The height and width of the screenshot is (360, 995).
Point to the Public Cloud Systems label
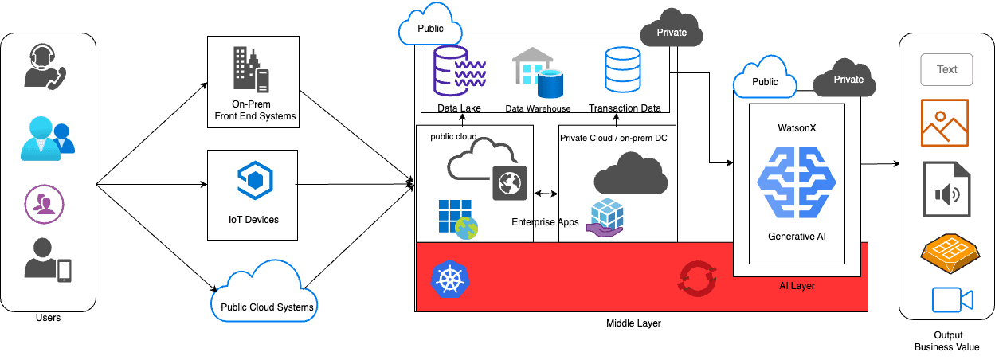(x=268, y=307)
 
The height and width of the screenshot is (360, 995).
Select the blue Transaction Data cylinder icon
(x=624, y=71)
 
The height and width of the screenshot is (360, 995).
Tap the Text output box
(x=946, y=70)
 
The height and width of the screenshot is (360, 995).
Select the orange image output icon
(x=944, y=123)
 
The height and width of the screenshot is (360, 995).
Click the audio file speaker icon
(x=946, y=190)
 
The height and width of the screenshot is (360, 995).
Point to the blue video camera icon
(x=952, y=300)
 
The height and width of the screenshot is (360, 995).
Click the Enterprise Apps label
(x=545, y=222)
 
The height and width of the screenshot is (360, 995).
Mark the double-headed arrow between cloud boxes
(x=546, y=194)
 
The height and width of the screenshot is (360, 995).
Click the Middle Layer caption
(x=633, y=323)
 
